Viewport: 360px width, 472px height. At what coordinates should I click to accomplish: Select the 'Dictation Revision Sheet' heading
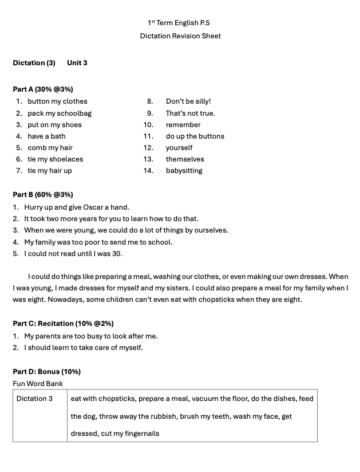point(180,36)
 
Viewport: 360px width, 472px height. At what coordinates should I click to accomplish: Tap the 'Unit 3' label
point(77,63)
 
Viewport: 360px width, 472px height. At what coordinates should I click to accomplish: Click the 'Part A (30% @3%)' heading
point(43,89)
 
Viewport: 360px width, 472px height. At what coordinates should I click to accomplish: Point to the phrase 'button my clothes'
point(57,101)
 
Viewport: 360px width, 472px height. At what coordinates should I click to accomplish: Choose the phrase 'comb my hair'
point(50,148)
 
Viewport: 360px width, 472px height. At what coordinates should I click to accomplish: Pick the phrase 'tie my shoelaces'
point(55,159)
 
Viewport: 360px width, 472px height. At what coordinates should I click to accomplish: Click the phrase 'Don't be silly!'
point(188,101)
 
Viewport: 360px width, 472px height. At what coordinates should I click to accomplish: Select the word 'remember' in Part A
point(183,125)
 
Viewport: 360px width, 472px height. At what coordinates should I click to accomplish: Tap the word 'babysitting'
point(184,171)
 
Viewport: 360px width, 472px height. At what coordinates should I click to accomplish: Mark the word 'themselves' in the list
point(185,159)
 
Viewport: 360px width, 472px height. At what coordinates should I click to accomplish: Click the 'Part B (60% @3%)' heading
point(43,195)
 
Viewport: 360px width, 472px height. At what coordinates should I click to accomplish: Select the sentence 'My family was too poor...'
point(98,242)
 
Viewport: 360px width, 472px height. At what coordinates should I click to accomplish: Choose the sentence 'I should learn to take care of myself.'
point(84,348)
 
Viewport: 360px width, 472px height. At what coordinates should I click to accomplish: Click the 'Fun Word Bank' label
point(38,384)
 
